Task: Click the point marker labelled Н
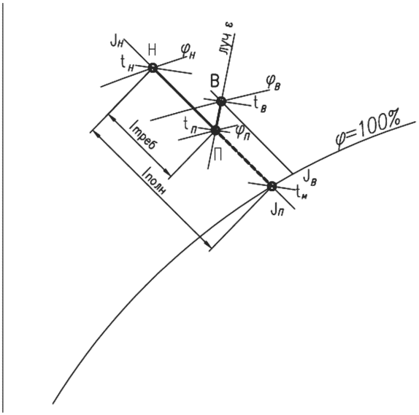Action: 153,68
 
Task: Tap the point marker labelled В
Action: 221,101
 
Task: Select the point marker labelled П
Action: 215,131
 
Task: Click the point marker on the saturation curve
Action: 272,186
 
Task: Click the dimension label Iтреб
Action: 143,136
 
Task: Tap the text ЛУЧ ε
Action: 227,39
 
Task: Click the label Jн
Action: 117,42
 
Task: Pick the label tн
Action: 127,63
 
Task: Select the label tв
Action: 260,104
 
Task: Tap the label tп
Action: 191,125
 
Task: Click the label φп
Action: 242,131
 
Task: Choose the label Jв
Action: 310,178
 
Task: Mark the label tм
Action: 302,193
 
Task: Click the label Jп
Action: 277,210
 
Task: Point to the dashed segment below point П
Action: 244,158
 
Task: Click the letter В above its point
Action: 215,82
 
